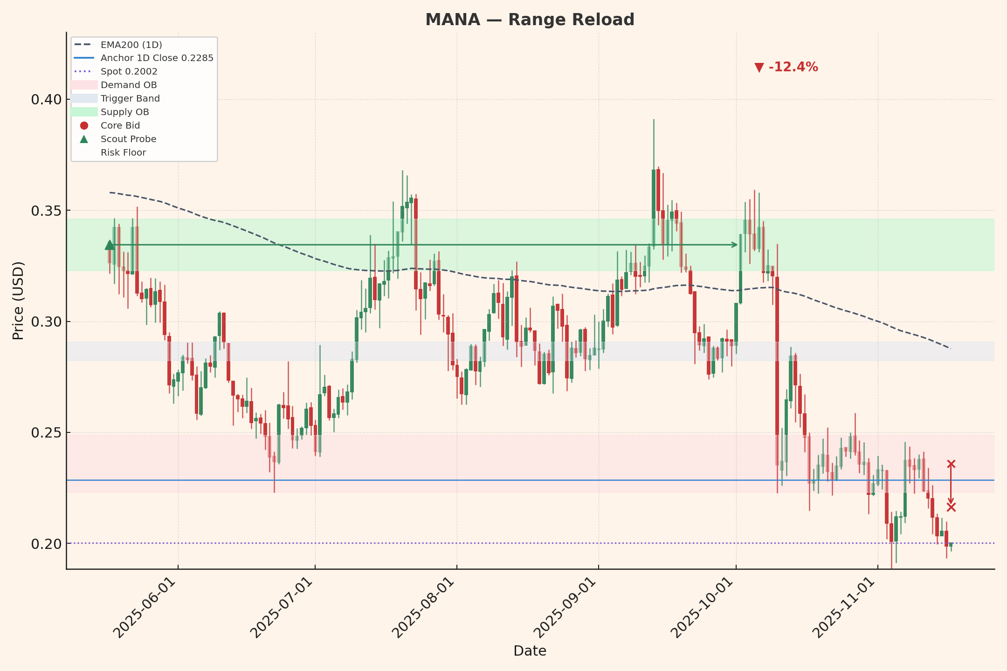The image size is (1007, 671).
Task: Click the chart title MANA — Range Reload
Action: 530,20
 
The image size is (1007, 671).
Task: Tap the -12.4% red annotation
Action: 786,68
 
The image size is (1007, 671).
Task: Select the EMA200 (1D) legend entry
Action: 131,45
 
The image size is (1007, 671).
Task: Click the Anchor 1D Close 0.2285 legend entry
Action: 157,58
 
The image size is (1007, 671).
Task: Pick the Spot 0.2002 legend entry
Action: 129,72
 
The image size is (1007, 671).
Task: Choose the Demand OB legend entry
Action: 129,85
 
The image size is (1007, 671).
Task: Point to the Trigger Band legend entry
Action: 130,99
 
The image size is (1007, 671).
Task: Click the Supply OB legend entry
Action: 124,112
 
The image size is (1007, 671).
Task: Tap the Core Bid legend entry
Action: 120,126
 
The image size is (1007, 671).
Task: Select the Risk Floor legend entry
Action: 123,153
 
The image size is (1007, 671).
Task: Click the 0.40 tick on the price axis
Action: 46,100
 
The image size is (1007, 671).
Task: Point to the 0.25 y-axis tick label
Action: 46,433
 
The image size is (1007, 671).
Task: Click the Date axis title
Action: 530,651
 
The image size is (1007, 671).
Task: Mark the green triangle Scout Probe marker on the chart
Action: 110,245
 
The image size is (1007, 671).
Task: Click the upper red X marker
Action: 951,464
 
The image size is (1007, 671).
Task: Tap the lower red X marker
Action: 951,507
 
